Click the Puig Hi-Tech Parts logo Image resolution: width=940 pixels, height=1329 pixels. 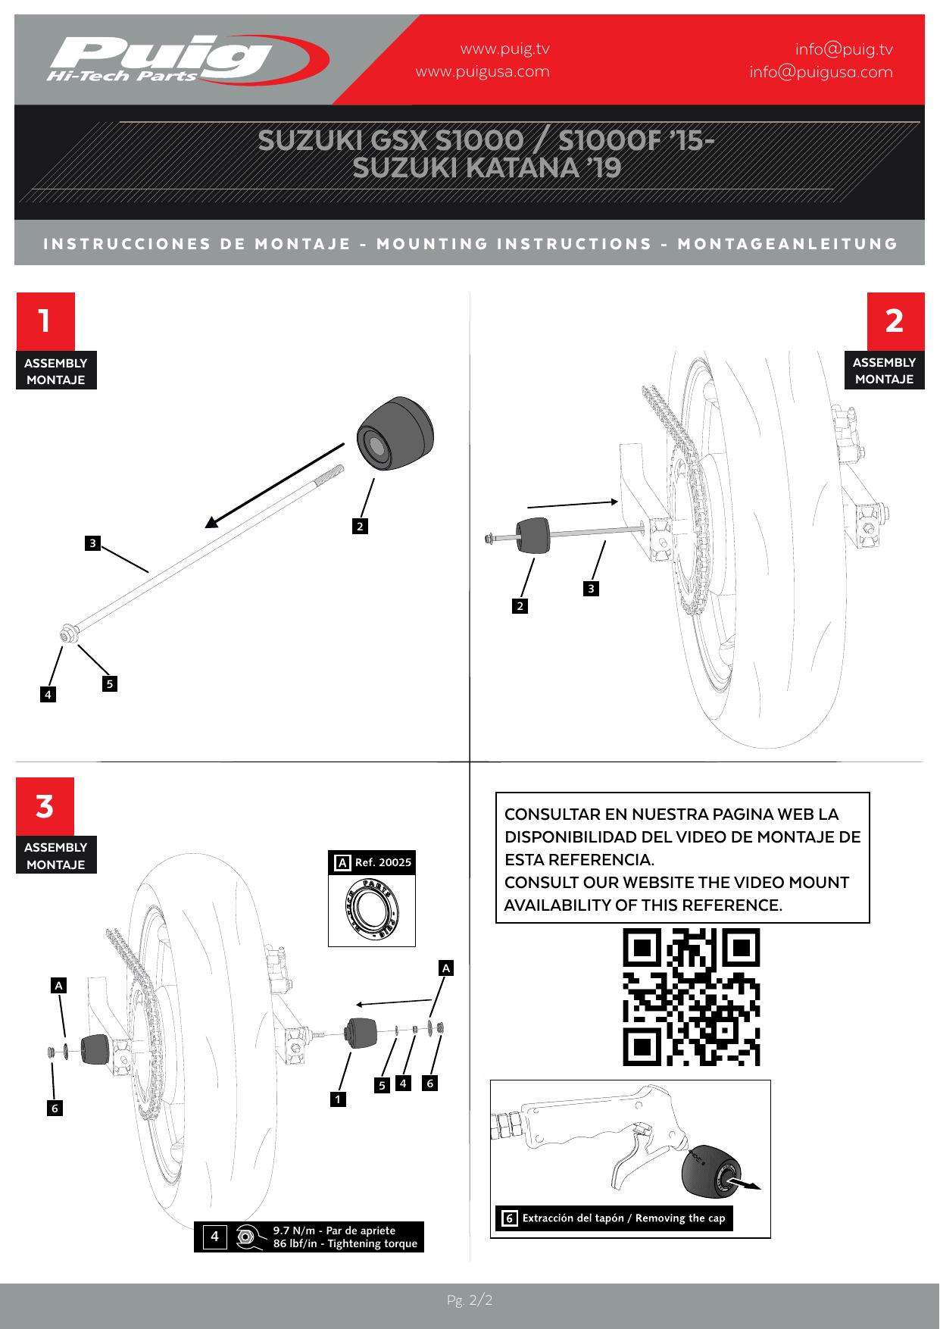click(x=189, y=58)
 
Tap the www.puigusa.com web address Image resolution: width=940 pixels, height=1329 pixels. click(x=482, y=72)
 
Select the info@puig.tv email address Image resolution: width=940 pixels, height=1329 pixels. click(x=844, y=50)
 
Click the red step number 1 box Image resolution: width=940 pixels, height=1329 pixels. click(x=45, y=321)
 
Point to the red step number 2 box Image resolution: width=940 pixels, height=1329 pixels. click(x=895, y=321)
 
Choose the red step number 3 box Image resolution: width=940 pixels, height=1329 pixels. click(x=45, y=806)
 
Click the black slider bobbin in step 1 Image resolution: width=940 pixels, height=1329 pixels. click(x=398, y=436)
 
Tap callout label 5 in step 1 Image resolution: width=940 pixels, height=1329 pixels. click(x=110, y=684)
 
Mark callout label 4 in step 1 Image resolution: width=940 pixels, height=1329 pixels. click(x=48, y=694)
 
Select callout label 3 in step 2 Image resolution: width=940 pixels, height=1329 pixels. click(x=592, y=588)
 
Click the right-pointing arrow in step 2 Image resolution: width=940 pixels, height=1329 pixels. click(x=573, y=504)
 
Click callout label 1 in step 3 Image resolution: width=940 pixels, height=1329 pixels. click(x=339, y=1099)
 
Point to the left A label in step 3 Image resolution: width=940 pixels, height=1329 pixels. click(x=59, y=986)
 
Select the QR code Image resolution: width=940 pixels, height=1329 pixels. click(x=692, y=997)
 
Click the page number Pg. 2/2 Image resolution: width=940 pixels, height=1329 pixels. click(x=470, y=1301)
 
